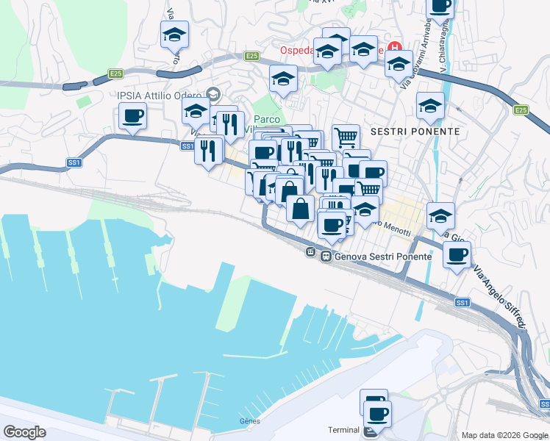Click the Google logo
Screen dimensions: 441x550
pos(25,431)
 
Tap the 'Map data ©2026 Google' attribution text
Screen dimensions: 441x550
pos(504,435)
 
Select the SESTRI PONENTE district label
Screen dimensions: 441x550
pos(415,132)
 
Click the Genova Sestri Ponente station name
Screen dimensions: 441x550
pos(371,257)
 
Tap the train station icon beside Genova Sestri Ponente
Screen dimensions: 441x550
pos(312,253)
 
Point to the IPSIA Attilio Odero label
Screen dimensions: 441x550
pos(157,94)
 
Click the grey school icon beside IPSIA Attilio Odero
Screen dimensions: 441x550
pos(213,93)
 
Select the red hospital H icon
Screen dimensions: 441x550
pos(397,46)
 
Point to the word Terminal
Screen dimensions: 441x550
pos(343,430)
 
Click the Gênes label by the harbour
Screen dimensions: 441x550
pos(250,421)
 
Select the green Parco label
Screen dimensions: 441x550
pos(268,120)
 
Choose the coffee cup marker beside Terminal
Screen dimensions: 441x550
pos(378,413)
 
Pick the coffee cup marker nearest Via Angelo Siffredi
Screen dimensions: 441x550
pos(457,254)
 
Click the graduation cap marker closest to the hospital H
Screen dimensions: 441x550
pos(399,64)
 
